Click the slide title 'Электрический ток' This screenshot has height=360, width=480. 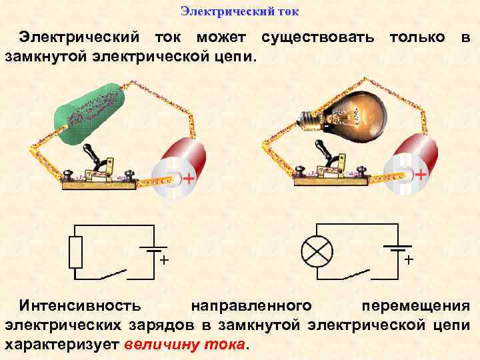240,12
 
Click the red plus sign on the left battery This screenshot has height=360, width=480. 189,178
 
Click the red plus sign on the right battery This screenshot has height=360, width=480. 421,174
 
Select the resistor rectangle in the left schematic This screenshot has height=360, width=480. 76,251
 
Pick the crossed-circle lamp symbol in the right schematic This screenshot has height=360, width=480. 317,251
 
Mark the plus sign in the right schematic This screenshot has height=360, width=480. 409,259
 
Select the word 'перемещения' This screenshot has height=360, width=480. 415,306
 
